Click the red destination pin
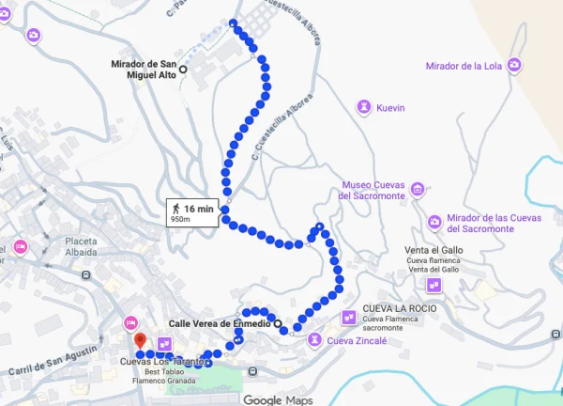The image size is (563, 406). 140,341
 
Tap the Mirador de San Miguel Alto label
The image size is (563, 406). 143,70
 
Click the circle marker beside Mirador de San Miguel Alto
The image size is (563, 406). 183,69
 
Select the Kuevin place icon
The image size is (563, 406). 363,108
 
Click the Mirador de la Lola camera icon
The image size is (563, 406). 514,66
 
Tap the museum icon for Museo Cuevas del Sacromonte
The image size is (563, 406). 416,190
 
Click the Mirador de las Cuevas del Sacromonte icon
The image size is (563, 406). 434,223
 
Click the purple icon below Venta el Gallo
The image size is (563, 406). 434,283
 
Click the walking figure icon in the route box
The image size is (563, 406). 175,208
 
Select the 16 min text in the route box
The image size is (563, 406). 199,208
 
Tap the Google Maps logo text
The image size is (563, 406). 278,399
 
